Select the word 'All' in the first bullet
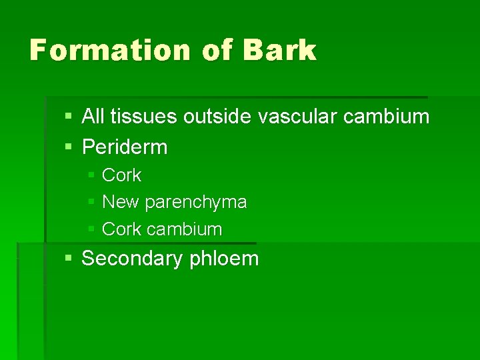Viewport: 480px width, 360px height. [93, 117]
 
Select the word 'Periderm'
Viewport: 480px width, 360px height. [125, 147]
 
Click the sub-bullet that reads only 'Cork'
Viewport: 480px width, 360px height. [121, 175]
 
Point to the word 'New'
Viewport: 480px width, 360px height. [121, 202]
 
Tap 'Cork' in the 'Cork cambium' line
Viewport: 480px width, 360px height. [121, 229]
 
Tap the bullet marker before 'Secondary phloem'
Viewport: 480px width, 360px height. [69, 259]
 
